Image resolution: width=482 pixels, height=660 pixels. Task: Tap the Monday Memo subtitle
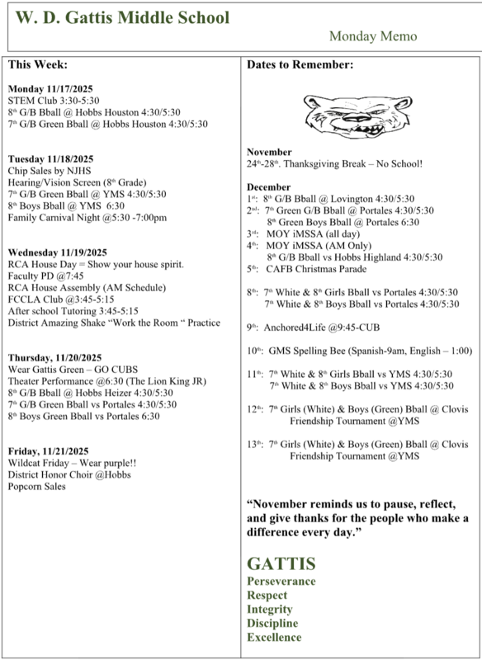coord(373,36)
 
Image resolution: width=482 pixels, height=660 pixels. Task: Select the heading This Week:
coord(37,64)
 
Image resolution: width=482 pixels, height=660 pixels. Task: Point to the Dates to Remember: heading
coord(300,64)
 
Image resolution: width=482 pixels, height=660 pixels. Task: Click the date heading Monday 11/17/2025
coord(50,88)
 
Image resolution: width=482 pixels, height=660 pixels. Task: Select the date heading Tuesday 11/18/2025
coord(50,158)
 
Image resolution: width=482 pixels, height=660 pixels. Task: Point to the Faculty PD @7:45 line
coord(45,276)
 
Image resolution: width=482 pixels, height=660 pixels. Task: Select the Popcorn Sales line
coord(37,486)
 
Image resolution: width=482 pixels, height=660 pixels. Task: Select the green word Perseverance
coord(281,581)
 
